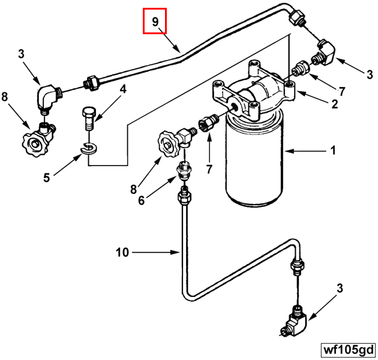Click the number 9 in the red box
155,22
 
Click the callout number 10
122,253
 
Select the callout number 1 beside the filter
333,151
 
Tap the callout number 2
334,104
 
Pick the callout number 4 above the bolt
123,89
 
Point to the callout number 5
47,178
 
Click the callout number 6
141,200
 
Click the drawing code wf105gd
349,350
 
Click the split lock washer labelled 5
89,148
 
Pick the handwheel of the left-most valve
32,144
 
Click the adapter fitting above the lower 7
208,122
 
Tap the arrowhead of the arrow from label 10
175,253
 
